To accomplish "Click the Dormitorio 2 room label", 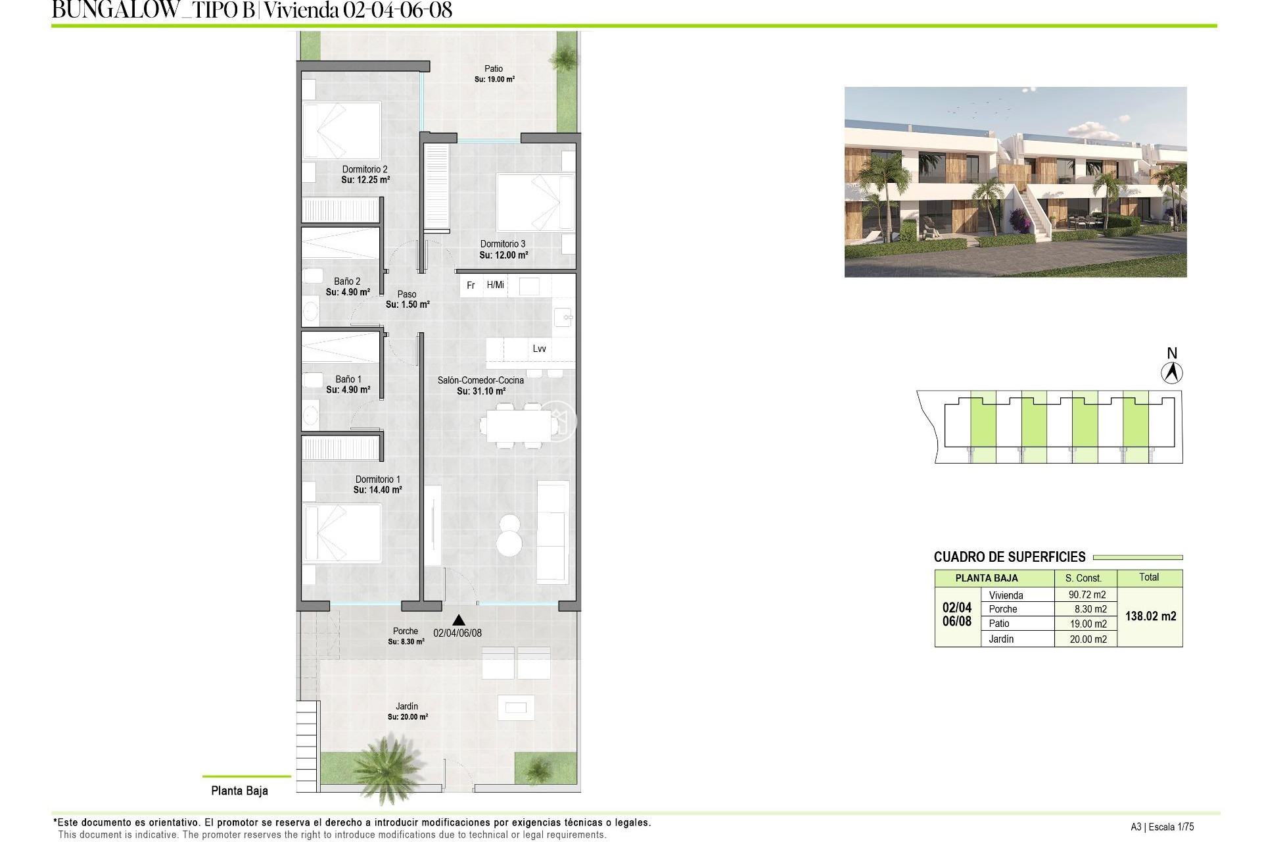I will pos(365,169).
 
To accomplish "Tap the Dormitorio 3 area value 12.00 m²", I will pos(503,255).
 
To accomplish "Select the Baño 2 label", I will pos(347,282).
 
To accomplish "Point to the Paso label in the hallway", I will pos(407,294).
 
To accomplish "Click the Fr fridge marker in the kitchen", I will pos(471,285).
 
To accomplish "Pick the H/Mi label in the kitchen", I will pos(496,285).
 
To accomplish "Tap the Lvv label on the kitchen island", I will pos(539,349).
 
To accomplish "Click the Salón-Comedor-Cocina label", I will pos(480,380).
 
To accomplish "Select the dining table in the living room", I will pos(515,426).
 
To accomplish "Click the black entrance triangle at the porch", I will pos(459,620).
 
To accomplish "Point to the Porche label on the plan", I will pos(406,631).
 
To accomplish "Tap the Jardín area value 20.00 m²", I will pos(408,717).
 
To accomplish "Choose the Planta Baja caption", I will pos(239,791).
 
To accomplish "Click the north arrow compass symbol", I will pos(1171,372).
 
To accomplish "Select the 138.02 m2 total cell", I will pos(1150,616).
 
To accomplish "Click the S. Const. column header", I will pos(1083,578).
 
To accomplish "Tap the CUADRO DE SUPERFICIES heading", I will pos(1010,557).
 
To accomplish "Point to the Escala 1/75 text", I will pos(1171,827).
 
